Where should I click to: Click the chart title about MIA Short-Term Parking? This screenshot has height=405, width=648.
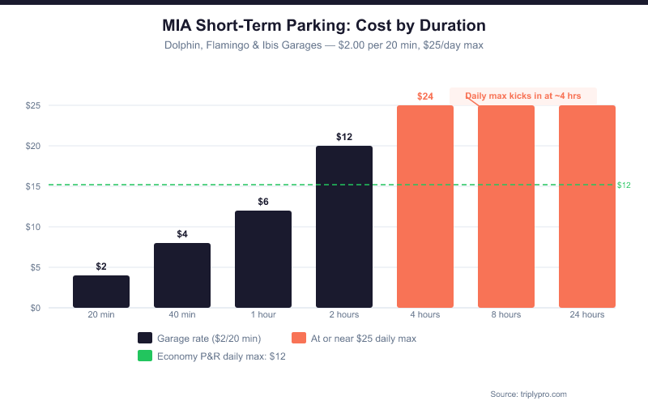click(324, 25)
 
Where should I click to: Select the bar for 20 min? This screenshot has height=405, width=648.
click(101, 292)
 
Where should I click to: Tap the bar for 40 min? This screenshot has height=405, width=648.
click(182, 275)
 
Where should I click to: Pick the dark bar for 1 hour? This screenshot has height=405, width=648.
click(263, 259)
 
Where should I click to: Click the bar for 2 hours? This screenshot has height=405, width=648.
click(344, 227)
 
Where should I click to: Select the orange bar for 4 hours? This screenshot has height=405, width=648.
click(425, 207)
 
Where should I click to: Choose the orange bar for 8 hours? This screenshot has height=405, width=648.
click(506, 207)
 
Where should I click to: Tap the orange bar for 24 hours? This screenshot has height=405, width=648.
click(587, 207)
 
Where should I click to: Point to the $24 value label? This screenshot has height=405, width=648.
click(425, 96)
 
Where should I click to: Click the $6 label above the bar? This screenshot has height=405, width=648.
click(263, 202)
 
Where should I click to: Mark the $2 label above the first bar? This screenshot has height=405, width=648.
click(101, 266)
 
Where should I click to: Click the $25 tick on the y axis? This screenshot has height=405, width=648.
click(33, 105)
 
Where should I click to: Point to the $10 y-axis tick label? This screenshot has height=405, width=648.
click(33, 227)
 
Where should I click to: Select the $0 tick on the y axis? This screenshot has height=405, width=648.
click(36, 308)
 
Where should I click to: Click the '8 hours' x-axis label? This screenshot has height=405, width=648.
click(506, 315)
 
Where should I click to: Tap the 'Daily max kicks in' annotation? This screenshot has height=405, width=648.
click(523, 96)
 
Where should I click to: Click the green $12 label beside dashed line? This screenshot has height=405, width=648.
click(624, 185)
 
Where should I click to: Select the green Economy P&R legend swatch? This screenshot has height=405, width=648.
click(145, 356)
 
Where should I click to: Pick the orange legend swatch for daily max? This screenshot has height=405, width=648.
click(299, 338)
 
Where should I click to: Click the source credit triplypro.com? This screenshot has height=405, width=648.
click(529, 394)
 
